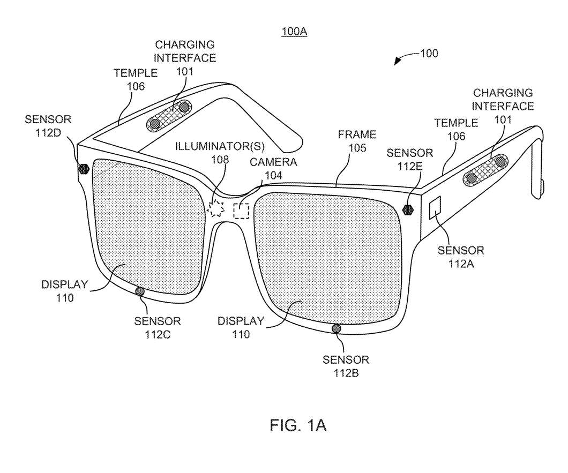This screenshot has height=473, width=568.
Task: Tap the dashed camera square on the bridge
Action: click(x=241, y=211)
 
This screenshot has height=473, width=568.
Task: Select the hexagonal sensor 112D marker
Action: click(x=84, y=169)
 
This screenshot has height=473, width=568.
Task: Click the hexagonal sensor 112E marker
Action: click(x=409, y=209)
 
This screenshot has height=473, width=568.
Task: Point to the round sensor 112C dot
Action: click(x=139, y=291)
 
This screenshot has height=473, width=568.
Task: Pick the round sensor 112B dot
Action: click(x=336, y=328)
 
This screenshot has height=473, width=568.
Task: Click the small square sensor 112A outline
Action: click(x=435, y=207)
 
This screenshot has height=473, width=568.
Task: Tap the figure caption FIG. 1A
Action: click(x=298, y=425)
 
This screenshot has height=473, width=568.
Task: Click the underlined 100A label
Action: click(x=295, y=32)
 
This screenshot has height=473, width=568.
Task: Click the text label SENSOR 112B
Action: click(x=346, y=366)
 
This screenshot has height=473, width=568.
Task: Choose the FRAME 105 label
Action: click(x=357, y=141)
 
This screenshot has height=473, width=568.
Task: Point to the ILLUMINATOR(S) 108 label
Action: click(x=220, y=153)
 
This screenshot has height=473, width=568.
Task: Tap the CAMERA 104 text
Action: click(x=273, y=168)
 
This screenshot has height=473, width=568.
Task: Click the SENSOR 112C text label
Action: click(x=158, y=327)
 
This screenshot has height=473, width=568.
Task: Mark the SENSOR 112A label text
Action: click(x=461, y=257)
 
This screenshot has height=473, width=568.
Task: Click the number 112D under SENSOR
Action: click(x=48, y=132)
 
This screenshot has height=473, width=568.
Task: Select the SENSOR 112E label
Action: click(x=410, y=159)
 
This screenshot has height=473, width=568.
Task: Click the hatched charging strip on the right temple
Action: click(x=486, y=171)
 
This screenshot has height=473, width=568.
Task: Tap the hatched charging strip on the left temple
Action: click(x=169, y=116)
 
